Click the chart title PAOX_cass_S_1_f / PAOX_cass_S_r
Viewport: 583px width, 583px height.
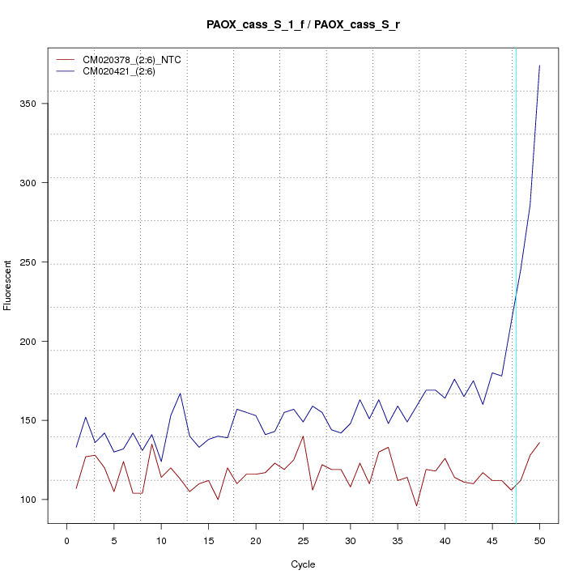coord(303,25)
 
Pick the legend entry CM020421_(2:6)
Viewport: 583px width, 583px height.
coord(125,71)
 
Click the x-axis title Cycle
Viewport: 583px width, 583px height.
coord(303,564)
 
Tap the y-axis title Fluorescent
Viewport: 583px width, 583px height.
coord(9,285)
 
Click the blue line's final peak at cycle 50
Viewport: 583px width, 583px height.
coord(539,66)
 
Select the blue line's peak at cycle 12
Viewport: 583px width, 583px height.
coord(180,394)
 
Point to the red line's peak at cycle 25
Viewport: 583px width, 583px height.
coord(303,436)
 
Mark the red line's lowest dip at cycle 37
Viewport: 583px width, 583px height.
coord(416,506)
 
